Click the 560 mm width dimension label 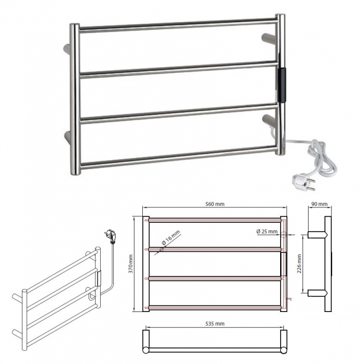click(215, 204)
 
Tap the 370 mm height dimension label click(131, 264)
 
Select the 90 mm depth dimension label click(319, 204)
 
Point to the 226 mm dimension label click(299, 263)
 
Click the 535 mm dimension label click(215, 323)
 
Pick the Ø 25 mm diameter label click(267, 232)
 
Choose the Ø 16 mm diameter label click(171, 238)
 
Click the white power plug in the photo click(304, 182)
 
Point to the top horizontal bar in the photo click(178, 25)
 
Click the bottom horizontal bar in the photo click(179, 157)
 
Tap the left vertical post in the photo click(75, 99)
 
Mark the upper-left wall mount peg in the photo click(67, 49)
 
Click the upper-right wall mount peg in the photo click(269, 38)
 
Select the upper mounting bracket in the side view click(317, 234)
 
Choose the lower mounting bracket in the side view click(317, 293)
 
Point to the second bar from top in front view click(215, 249)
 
